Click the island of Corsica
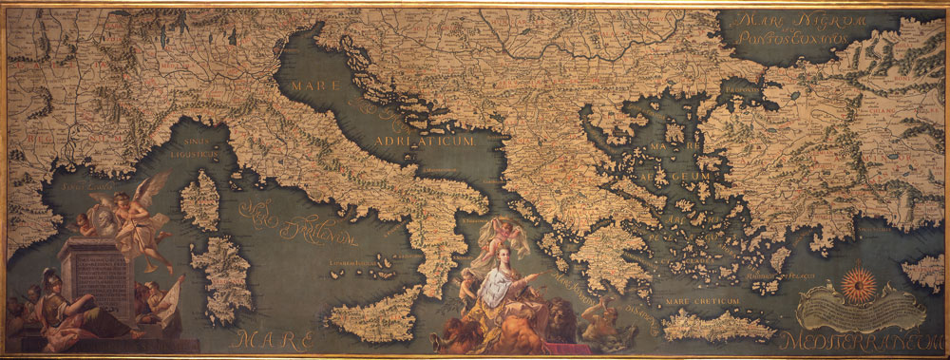tap(201, 200)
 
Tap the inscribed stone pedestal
tap(96, 276)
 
